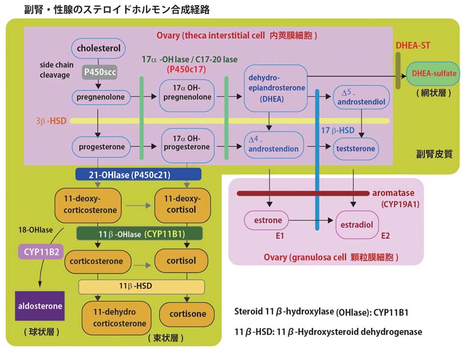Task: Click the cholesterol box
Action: [x=99, y=49]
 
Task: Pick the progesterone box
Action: [x=99, y=147]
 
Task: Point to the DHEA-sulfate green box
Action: [x=433, y=74]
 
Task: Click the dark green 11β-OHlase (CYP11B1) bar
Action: [x=139, y=233]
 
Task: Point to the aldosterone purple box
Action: [x=39, y=306]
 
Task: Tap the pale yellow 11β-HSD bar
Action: [x=141, y=286]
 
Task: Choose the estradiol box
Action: [x=357, y=225]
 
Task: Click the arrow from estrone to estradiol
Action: [x=312, y=219]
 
